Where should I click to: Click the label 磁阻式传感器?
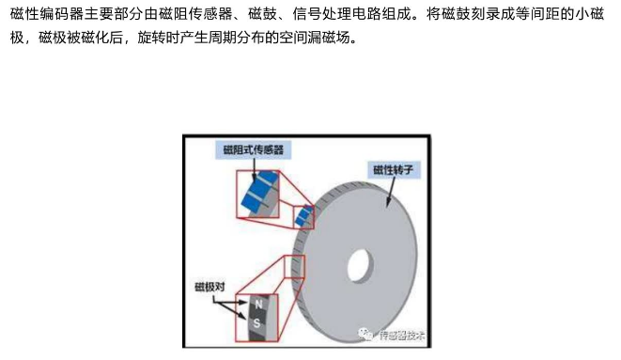(x=253, y=149)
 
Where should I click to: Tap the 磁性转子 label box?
(x=394, y=170)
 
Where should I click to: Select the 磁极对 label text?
(x=210, y=287)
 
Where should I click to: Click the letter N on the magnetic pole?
(x=258, y=305)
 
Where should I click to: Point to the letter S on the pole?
(x=256, y=323)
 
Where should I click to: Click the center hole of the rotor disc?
(x=360, y=266)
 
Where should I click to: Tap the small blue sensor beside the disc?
(x=304, y=216)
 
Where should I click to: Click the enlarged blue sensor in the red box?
(x=259, y=193)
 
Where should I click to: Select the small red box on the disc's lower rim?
(x=295, y=267)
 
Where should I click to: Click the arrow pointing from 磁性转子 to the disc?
(x=391, y=192)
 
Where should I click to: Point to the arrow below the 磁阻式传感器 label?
(x=254, y=170)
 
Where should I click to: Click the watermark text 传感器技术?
(x=401, y=336)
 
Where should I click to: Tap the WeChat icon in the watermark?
(x=365, y=334)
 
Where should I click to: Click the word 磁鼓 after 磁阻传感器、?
(x=263, y=14)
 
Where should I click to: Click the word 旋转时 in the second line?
(x=159, y=38)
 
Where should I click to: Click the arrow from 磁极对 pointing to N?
(x=230, y=303)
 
